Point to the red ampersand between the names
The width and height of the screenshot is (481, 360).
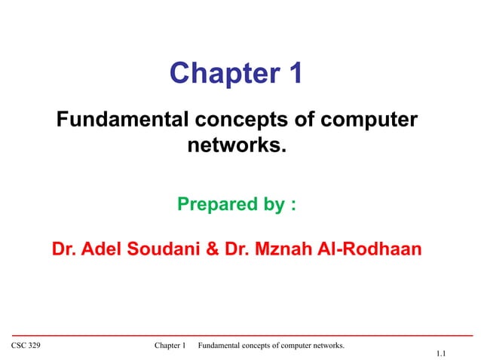[213, 249]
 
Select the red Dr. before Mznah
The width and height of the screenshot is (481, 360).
[239, 249]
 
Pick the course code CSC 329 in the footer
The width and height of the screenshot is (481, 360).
[26, 345]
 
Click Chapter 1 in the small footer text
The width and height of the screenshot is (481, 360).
[170, 345]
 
